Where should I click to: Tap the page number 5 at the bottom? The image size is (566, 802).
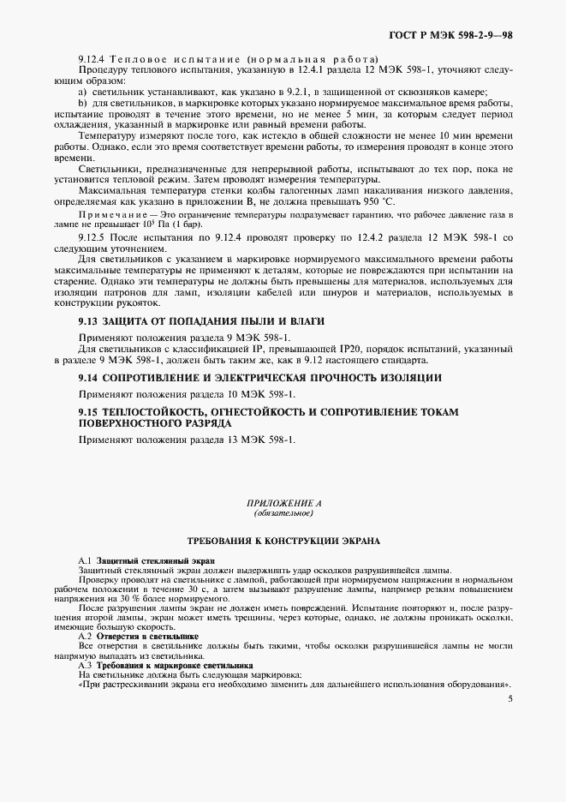[509, 699]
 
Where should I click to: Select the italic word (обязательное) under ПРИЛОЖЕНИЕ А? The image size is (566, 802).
[283, 512]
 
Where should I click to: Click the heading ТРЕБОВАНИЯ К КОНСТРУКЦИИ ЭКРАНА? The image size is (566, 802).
[283, 542]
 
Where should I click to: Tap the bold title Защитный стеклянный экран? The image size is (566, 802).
[156, 560]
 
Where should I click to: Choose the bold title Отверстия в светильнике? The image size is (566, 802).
[148, 637]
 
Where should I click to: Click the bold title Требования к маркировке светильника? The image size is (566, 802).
[175, 665]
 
